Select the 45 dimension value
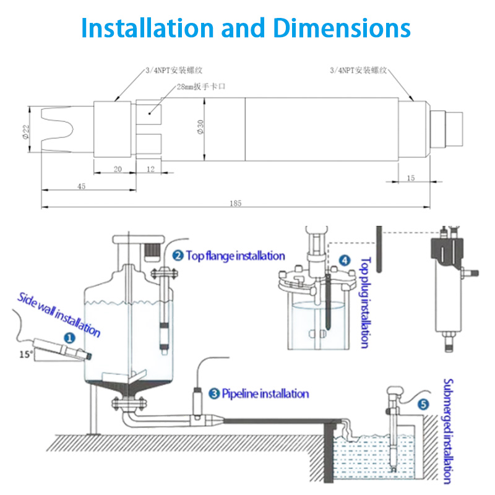(82, 186)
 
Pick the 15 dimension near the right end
(411, 178)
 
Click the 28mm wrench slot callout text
(200, 87)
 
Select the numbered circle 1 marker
(70, 338)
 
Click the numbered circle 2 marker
(178, 255)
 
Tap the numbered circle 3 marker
(214, 393)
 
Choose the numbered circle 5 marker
(423, 405)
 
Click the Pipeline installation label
(265, 394)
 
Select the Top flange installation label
(235, 256)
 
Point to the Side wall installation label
(59, 314)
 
